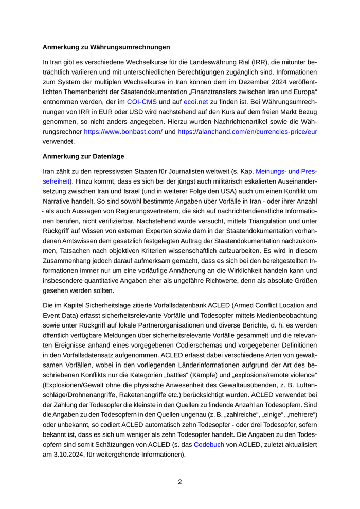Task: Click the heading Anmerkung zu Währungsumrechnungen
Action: [106, 47]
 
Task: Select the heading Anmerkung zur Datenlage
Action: [83, 156]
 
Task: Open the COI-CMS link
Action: [142, 102]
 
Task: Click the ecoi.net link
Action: [195, 102]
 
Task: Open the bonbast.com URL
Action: [123, 132]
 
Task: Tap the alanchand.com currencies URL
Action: [247, 132]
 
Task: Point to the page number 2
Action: [180, 482]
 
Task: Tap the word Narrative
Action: [57, 201]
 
